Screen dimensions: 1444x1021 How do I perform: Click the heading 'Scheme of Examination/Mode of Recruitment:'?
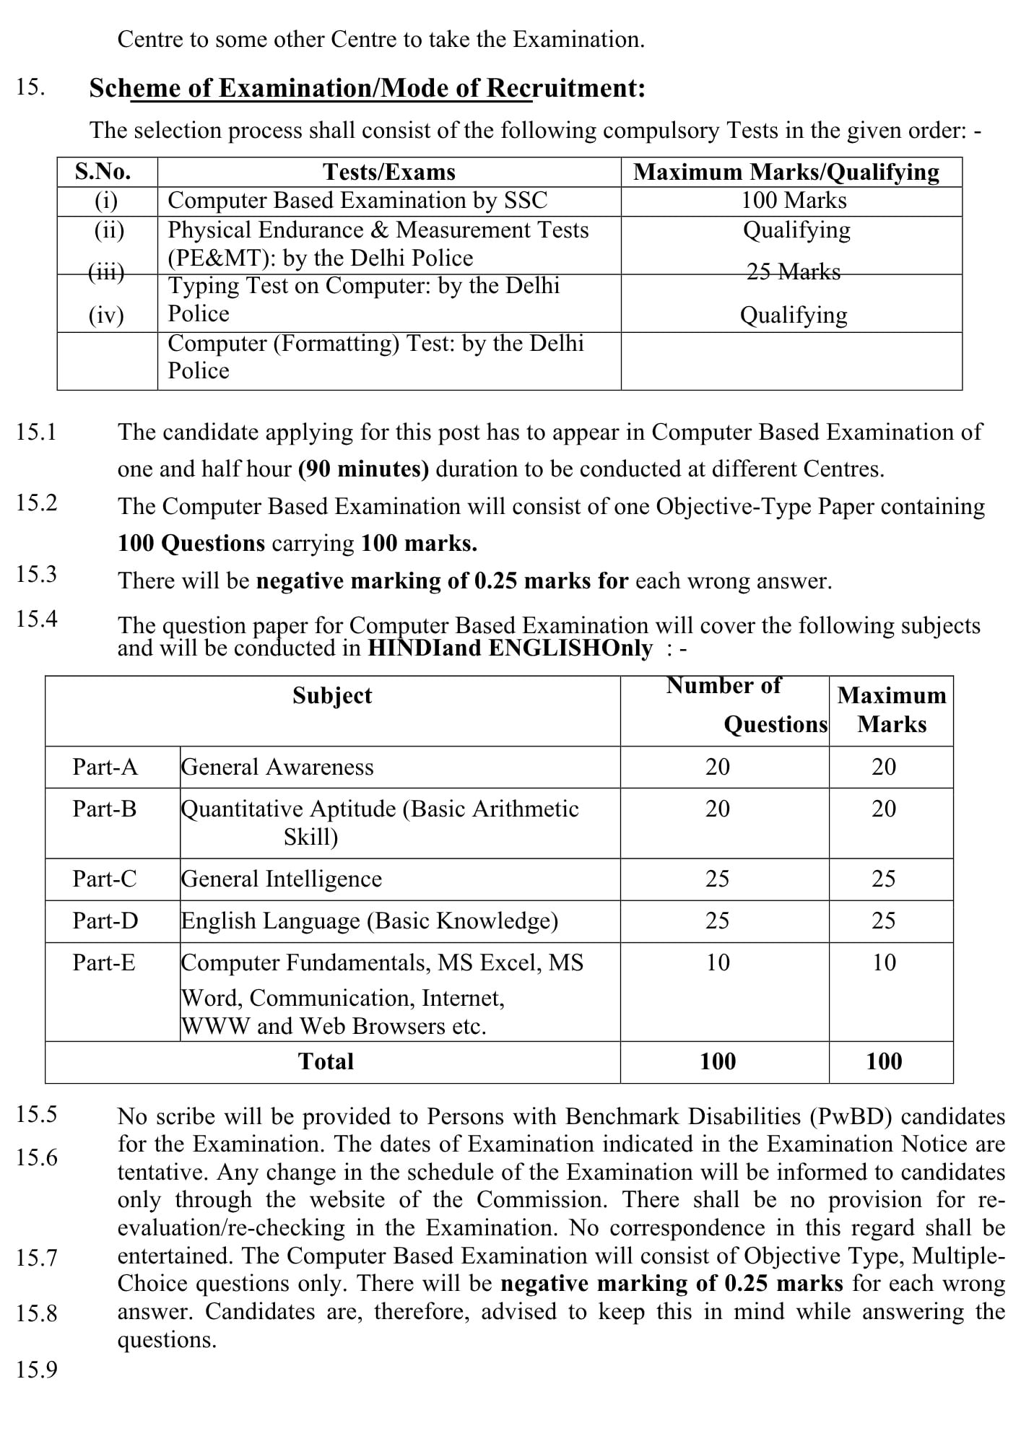pyautogui.click(x=367, y=88)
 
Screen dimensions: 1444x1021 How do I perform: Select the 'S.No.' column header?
pyautogui.click(x=103, y=172)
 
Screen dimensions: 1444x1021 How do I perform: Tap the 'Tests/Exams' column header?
pyautogui.click(x=389, y=172)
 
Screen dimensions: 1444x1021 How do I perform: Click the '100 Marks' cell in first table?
pyautogui.click(x=794, y=200)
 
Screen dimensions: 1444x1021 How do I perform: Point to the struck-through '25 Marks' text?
pyautogui.click(x=794, y=272)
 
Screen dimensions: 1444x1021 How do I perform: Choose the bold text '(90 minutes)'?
pyautogui.click(x=363, y=469)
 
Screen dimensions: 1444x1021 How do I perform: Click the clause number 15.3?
pyautogui.click(x=36, y=574)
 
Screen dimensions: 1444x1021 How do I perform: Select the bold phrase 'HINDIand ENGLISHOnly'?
pyautogui.click(x=510, y=648)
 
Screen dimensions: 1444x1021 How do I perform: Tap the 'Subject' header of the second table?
pyautogui.click(x=332, y=695)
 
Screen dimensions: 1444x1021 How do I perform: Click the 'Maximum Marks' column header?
pyautogui.click(x=892, y=710)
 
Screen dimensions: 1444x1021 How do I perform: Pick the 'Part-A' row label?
pyautogui.click(x=105, y=767)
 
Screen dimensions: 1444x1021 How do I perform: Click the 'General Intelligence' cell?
pyautogui.click(x=282, y=879)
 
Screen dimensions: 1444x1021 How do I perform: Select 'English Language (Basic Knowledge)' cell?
pyautogui.click(x=369, y=921)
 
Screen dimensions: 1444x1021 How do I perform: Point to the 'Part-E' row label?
pyautogui.click(x=104, y=962)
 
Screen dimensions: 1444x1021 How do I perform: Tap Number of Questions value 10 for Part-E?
pyautogui.click(x=718, y=962)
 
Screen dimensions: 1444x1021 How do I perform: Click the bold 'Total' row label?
pyautogui.click(x=326, y=1061)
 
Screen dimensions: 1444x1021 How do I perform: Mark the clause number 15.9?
pyautogui.click(x=36, y=1370)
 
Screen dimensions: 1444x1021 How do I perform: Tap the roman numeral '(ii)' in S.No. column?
pyautogui.click(x=109, y=230)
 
